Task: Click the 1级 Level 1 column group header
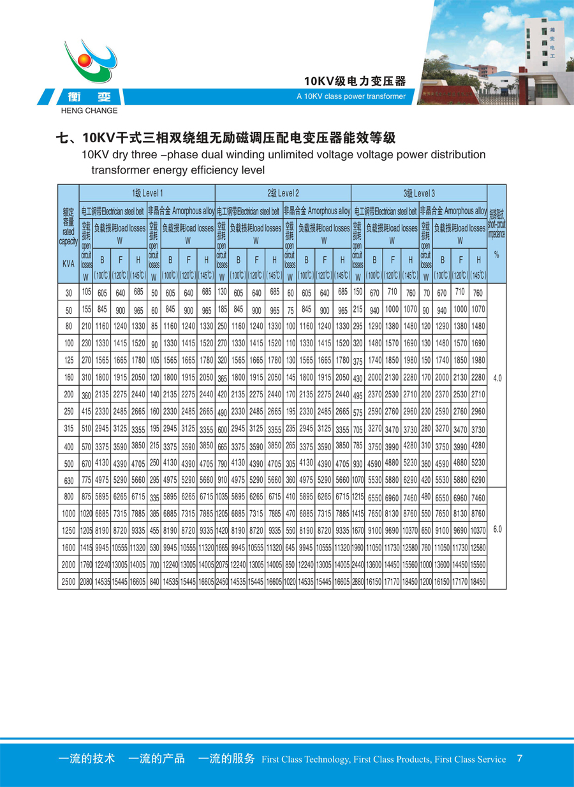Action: tap(147, 193)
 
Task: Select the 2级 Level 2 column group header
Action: tap(283, 193)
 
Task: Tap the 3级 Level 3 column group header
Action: tap(419, 193)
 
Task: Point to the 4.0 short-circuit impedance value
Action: tap(497, 378)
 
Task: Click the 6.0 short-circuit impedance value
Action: tap(497, 529)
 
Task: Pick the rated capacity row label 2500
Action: tap(69, 582)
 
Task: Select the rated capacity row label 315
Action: tap(69, 429)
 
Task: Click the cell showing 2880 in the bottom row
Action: tap(358, 582)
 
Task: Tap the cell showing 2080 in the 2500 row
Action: tap(86, 582)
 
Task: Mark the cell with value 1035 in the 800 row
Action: tap(222, 496)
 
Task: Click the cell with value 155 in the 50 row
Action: tap(86, 311)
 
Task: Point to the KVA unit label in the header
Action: tap(69, 263)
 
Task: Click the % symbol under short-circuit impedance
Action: tap(497, 255)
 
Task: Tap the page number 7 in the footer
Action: tap(520, 758)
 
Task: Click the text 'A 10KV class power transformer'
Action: tap(351, 97)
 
